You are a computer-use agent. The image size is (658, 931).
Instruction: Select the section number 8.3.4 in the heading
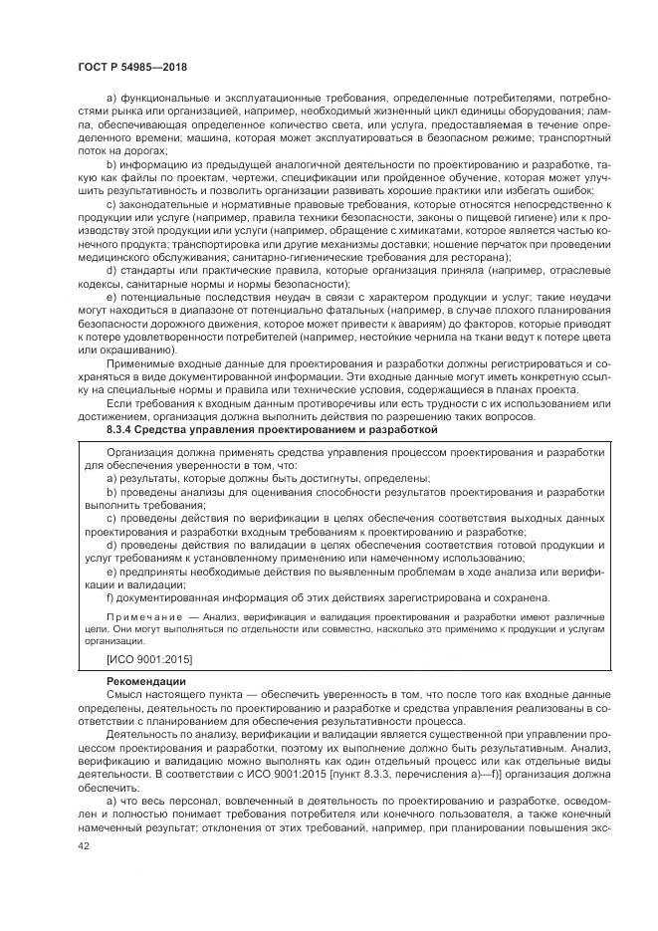click(122, 429)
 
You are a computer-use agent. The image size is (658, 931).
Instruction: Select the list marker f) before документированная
click(110, 597)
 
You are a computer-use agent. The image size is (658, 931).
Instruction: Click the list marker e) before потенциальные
click(110, 297)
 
